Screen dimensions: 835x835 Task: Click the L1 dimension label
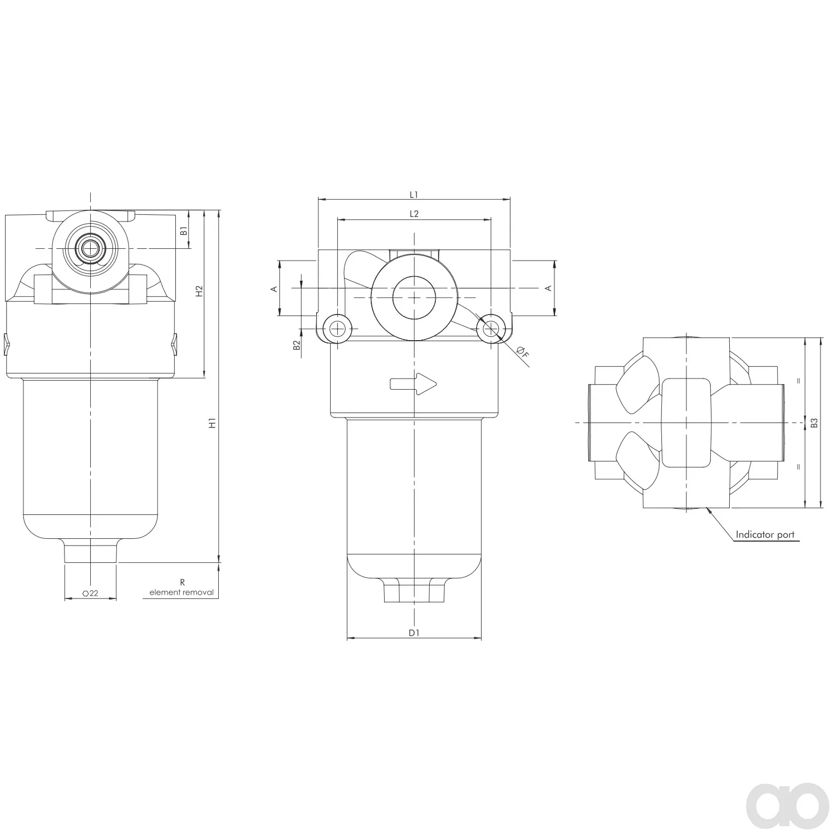click(414, 195)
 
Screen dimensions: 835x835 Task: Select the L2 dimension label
click(414, 214)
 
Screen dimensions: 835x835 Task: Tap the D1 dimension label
click(414, 632)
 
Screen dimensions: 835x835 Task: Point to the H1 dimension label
click(212, 423)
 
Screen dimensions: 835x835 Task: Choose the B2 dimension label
click(297, 345)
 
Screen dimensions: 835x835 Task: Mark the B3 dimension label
click(814, 423)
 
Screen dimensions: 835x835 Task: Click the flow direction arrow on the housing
click(414, 384)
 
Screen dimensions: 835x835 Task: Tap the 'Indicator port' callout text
click(765, 535)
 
